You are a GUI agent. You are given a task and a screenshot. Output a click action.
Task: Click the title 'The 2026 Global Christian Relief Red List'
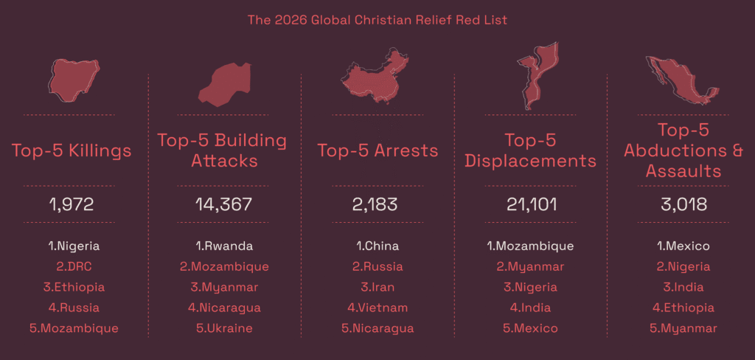point(377,19)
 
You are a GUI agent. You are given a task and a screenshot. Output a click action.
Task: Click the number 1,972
point(72,204)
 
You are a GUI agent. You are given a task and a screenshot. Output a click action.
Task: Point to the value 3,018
point(683,204)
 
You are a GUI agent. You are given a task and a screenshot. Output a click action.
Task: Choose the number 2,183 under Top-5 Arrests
point(377,204)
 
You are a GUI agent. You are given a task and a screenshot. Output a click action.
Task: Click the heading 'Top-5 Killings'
point(72,151)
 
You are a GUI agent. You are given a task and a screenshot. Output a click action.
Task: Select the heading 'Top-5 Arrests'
point(377,151)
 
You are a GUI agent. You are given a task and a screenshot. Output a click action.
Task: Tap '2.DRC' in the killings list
point(72,266)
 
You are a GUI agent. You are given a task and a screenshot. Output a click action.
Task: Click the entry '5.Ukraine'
point(224,328)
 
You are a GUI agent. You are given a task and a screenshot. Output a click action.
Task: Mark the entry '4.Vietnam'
point(377,308)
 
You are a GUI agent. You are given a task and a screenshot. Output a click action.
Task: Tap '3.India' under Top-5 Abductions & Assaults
point(683,287)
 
